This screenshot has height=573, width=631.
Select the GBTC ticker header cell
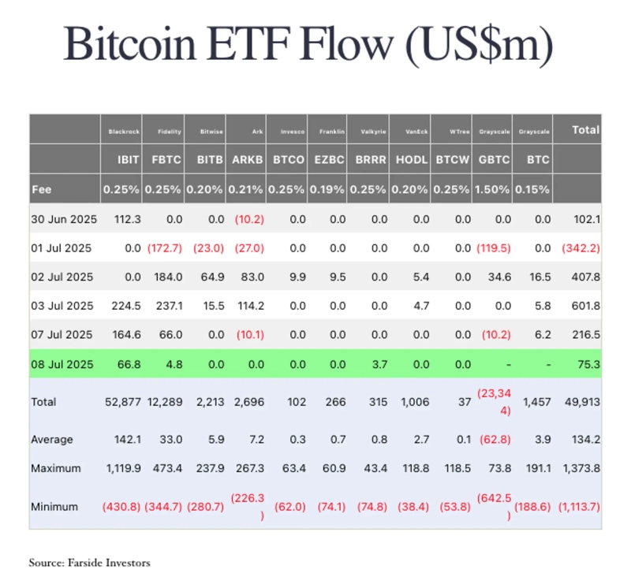pos(492,160)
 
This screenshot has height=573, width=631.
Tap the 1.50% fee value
pos(492,190)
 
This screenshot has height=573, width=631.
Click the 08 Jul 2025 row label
pos(62,363)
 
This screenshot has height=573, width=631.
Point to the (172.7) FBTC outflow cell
pos(164,248)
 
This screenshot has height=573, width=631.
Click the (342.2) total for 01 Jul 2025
pos(580,248)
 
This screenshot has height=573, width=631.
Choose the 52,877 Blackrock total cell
pos(121,402)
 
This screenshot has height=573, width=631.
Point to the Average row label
pos(52,439)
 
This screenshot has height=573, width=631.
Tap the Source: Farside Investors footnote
pos(89,563)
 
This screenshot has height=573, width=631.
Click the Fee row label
pos(42,190)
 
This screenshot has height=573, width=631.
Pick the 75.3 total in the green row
pos(587,363)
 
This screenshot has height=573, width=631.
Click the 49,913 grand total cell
pos(583,402)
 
